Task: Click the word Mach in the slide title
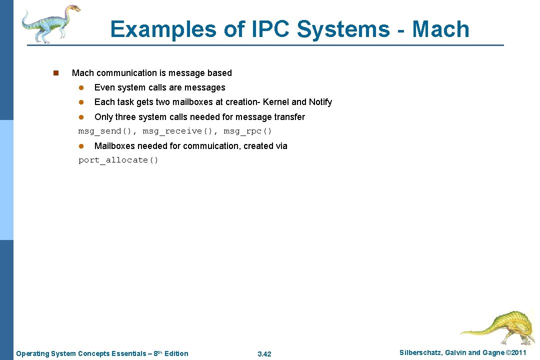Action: (x=440, y=29)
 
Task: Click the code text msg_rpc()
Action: (x=247, y=131)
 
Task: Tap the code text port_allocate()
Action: (x=118, y=160)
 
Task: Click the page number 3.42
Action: (x=264, y=354)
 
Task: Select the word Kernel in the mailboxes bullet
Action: (x=276, y=102)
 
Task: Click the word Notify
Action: (x=320, y=102)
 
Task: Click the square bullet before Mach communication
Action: (x=56, y=73)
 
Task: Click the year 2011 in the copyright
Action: (x=517, y=353)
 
